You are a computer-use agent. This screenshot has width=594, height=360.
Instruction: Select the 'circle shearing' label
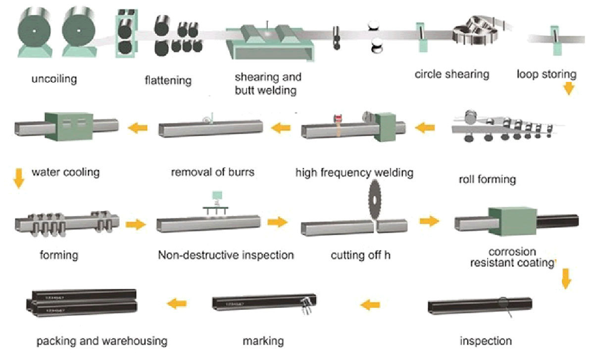[x=452, y=75]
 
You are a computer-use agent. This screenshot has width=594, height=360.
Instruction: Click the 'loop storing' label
[x=546, y=75]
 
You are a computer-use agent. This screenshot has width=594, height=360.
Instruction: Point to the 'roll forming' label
[x=487, y=179]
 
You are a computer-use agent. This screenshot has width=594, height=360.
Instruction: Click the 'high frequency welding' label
[x=354, y=173]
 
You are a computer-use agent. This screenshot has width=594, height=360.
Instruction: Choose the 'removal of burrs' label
[x=213, y=173]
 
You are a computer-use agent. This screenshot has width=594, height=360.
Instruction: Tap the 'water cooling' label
[x=65, y=173]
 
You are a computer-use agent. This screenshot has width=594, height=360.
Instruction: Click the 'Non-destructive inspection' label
[x=226, y=256]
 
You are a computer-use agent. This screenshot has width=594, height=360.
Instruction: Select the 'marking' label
[x=263, y=341]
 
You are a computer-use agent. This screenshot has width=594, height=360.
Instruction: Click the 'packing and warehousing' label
[x=102, y=341]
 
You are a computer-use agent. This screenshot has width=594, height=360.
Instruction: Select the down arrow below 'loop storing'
[x=568, y=89]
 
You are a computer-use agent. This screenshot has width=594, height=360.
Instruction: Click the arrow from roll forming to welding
[x=424, y=129]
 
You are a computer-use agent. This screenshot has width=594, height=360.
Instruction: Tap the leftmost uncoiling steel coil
[x=33, y=31]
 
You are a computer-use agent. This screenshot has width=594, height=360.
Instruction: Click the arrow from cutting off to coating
[x=429, y=221]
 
